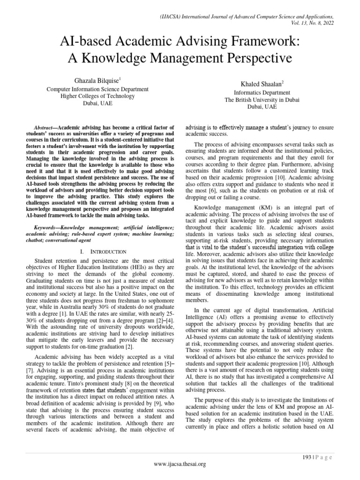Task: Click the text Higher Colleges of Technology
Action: [98, 96]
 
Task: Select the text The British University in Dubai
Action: [262, 100]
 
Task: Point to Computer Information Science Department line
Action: [98, 89]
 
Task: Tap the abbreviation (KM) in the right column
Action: [273, 207]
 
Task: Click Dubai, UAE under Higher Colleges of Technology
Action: [98, 104]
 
